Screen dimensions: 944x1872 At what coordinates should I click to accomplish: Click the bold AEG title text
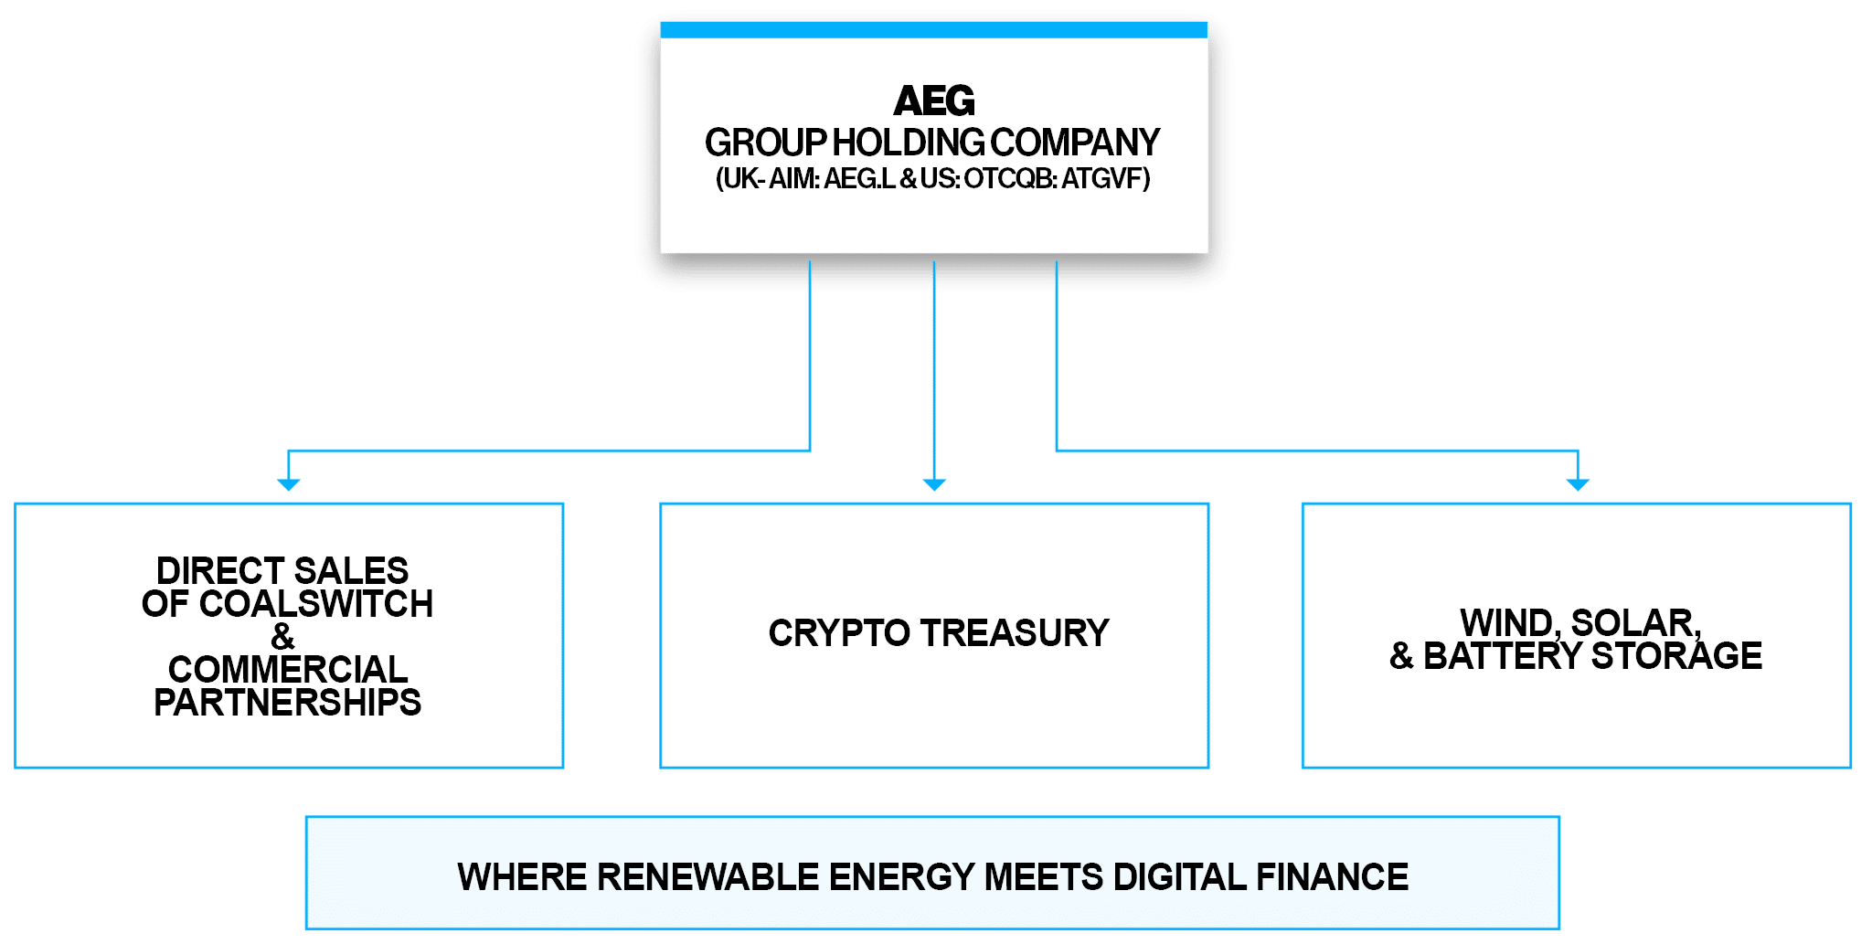pos(933,101)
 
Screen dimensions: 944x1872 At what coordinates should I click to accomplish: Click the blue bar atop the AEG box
pos(933,30)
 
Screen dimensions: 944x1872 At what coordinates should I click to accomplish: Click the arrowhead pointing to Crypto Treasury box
pos(933,483)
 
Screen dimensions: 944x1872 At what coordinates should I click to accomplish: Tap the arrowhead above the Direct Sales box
pos(288,483)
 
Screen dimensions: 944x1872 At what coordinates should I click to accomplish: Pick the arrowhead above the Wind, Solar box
pos(1578,483)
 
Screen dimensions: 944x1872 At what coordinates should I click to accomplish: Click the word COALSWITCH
pos(315,604)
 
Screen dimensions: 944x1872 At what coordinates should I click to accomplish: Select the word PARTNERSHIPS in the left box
pos(287,703)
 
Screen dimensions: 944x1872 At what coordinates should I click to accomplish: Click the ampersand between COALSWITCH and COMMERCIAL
pos(282,636)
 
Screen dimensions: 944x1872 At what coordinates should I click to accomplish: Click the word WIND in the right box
pos(1508,623)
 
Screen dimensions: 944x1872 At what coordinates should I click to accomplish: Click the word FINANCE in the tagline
pos(1332,877)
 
